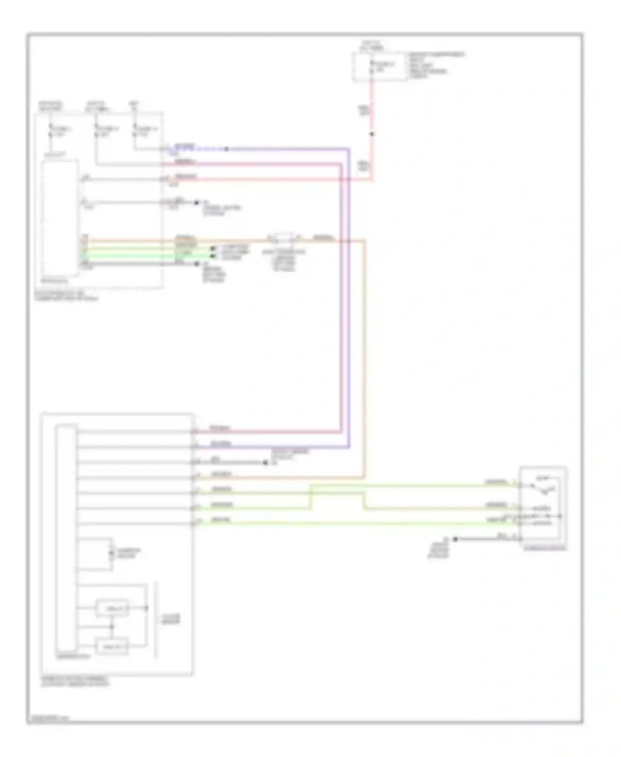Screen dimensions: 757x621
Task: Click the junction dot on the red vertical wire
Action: pyautogui.click(x=372, y=134)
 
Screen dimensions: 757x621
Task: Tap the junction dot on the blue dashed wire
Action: pyautogui.click(x=226, y=149)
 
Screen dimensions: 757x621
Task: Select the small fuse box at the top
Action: pyautogui.click(x=379, y=67)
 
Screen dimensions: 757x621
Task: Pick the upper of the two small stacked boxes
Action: pyautogui.click(x=112, y=608)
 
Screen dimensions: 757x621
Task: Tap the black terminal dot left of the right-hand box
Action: pyautogui.click(x=455, y=539)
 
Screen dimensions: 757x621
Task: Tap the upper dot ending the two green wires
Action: pyautogui.click(x=213, y=248)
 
